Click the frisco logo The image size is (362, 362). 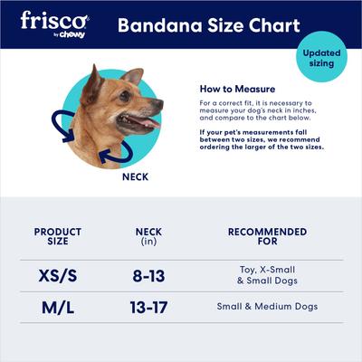[x=54, y=20]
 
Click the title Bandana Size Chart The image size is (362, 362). [x=208, y=24]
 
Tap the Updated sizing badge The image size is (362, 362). [x=321, y=59]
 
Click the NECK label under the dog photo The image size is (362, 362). [x=135, y=177]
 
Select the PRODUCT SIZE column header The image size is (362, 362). [x=58, y=237]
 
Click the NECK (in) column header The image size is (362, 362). [x=148, y=237]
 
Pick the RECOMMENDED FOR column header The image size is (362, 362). [x=267, y=237]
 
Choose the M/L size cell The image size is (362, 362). [x=58, y=308]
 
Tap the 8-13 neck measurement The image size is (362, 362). [x=148, y=274]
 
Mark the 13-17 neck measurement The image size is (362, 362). [x=148, y=308]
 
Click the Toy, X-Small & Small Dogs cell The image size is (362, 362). [x=267, y=274]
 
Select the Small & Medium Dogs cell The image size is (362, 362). [x=267, y=307]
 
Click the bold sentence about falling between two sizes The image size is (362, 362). [x=261, y=139]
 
